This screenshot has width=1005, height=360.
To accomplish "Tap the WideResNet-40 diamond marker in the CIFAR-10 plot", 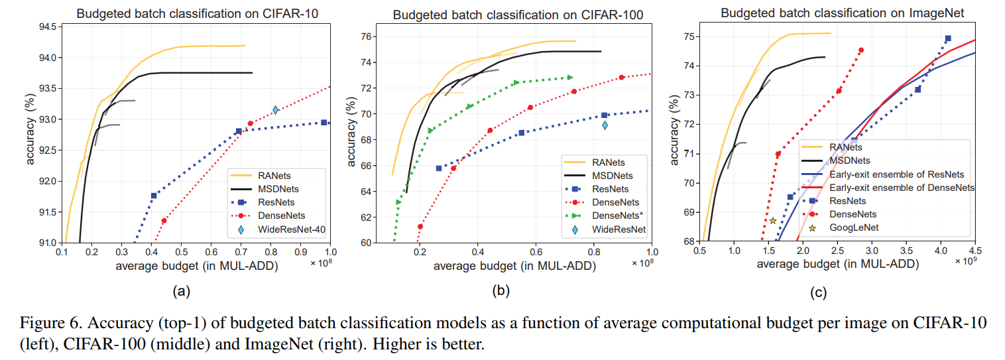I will (275, 110).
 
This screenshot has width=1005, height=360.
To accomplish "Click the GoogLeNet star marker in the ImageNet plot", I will (772, 221).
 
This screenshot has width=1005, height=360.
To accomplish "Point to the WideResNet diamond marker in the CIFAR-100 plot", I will (605, 125).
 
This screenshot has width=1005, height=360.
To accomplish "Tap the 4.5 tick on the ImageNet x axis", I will (975, 252).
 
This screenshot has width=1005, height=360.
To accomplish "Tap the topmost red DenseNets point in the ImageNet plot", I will (861, 50).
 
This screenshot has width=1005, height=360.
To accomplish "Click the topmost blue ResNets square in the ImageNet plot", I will (948, 38).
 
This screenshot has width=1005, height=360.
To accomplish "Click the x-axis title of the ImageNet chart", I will (837, 264).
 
